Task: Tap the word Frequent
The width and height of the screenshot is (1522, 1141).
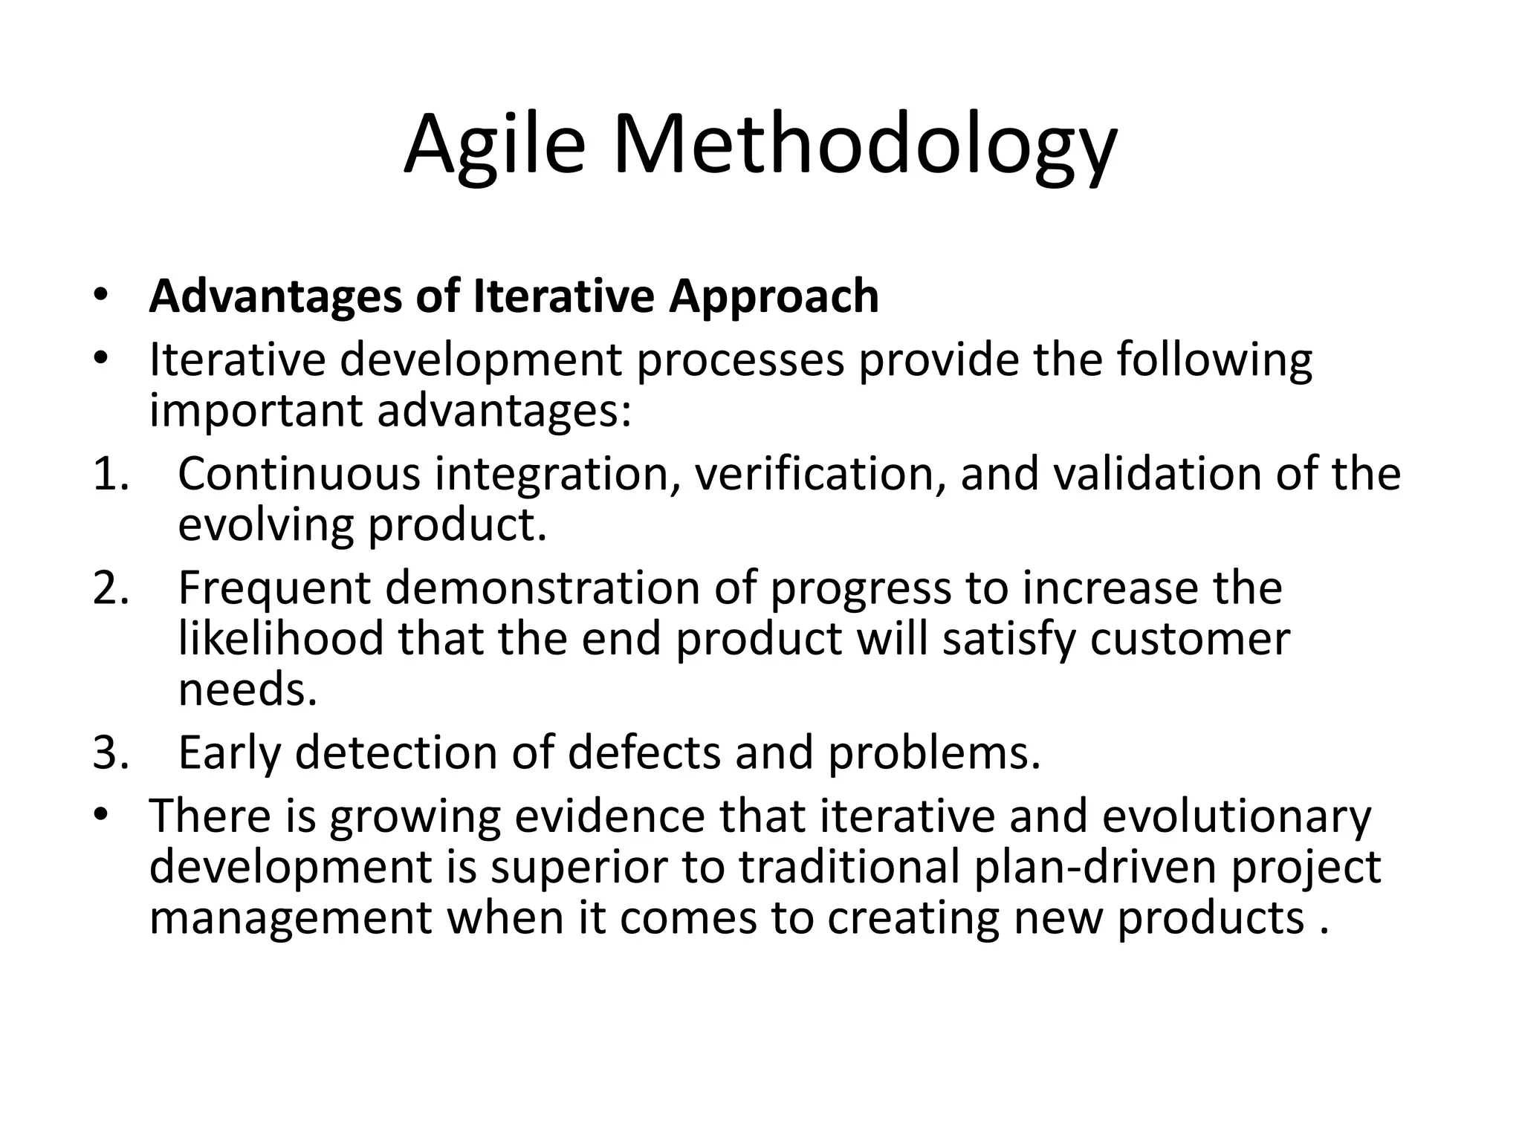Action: [x=273, y=588]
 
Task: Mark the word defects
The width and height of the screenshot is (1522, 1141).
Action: [x=644, y=752]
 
